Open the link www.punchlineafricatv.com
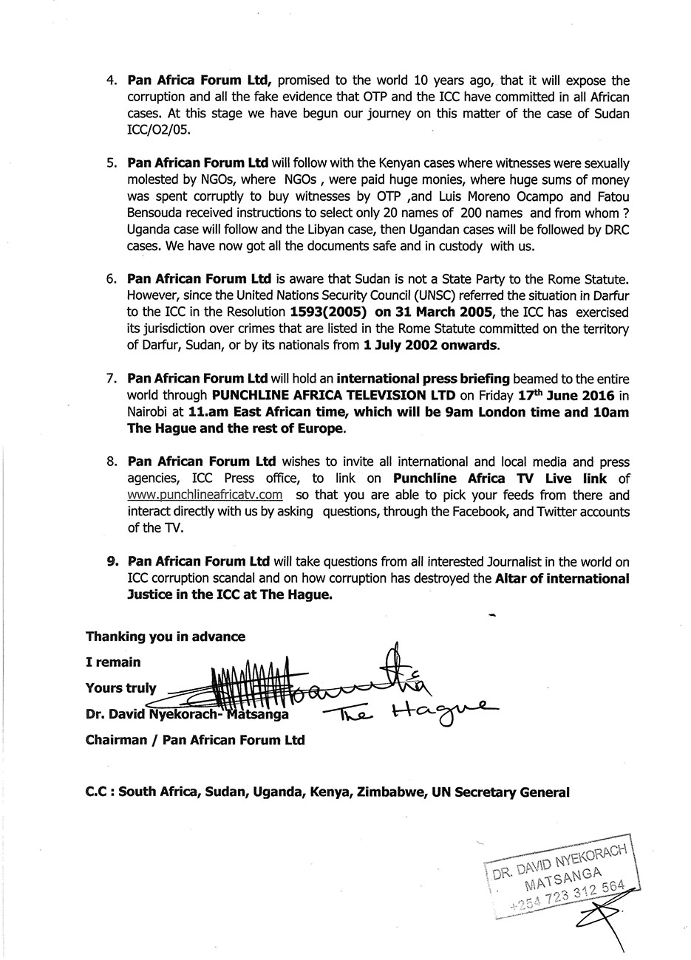click(205, 496)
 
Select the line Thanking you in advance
click(166, 637)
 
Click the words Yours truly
click(121, 688)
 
